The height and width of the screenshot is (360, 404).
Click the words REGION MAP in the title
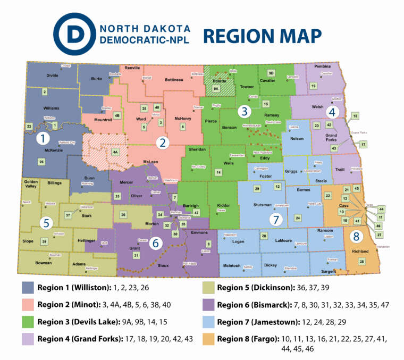click(262, 36)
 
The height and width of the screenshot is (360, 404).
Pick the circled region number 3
click(244, 111)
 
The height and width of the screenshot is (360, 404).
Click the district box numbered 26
click(41, 161)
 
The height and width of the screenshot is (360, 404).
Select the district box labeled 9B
click(271, 72)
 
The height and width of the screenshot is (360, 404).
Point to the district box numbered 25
click(362, 261)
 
